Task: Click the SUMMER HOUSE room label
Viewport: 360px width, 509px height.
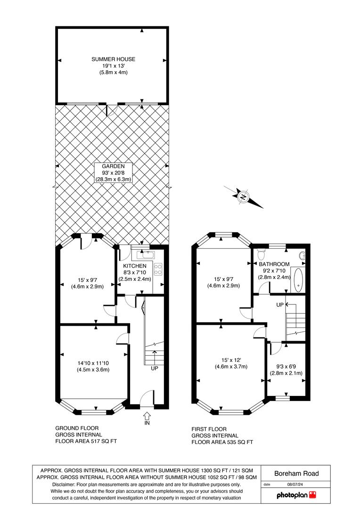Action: click(113, 59)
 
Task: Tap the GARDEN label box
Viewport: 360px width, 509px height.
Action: click(113, 172)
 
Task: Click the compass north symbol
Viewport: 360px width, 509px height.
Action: click(243, 197)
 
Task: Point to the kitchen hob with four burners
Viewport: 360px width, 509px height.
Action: click(158, 269)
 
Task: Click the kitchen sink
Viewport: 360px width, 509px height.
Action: click(146, 254)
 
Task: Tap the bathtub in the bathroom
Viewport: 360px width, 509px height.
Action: click(298, 279)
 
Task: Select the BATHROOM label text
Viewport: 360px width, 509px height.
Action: click(274, 264)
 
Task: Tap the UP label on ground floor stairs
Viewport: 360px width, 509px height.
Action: click(155, 369)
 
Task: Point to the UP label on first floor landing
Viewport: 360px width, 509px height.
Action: click(280, 305)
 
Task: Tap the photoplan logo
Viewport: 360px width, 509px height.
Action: click(296, 495)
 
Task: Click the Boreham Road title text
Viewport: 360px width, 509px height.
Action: click(296, 473)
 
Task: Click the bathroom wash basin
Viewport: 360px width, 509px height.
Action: click(303, 255)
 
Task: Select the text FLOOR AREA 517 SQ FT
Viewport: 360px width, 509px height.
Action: click(86, 441)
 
